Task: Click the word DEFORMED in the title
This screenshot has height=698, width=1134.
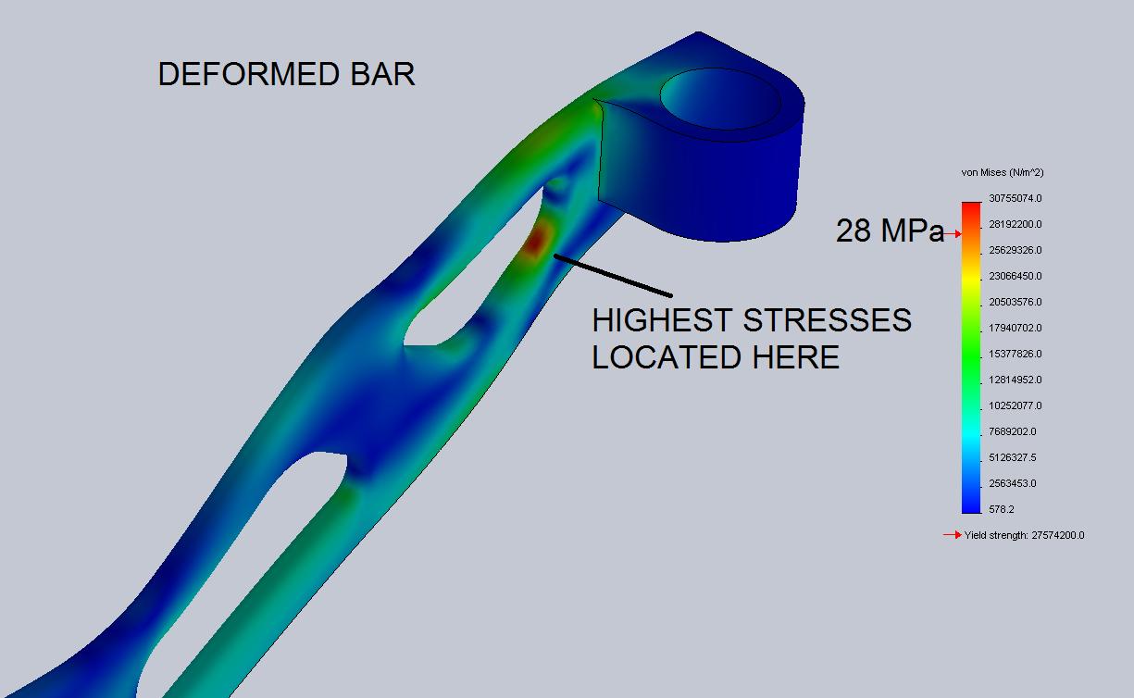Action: point(249,74)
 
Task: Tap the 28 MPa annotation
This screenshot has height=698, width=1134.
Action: point(890,231)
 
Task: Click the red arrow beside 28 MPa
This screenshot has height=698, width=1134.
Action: point(953,233)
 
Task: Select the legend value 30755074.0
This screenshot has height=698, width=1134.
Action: point(1015,198)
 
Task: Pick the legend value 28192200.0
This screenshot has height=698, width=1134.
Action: point(1015,224)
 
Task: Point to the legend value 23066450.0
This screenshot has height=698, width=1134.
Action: point(1015,276)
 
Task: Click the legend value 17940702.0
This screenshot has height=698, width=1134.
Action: point(1015,328)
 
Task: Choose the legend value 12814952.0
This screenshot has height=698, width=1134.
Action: point(1015,380)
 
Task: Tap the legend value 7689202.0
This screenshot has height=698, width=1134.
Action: point(1013,431)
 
